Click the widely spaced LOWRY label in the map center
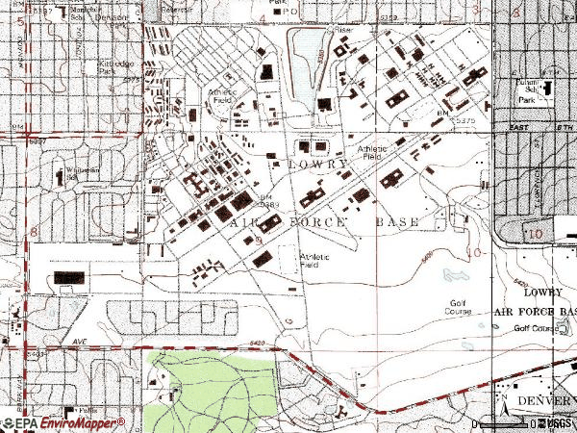click(316, 165)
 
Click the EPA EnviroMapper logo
click(63, 423)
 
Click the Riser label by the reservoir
click(343, 28)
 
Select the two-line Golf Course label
click(461, 308)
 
